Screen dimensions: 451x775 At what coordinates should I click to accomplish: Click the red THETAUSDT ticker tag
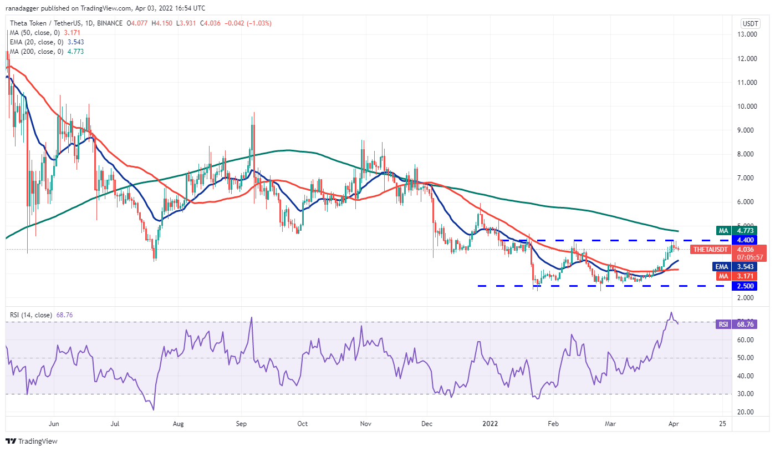click(712, 250)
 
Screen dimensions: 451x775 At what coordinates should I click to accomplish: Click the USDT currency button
click(750, 23)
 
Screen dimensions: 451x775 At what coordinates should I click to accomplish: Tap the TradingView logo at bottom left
click(32, 441)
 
